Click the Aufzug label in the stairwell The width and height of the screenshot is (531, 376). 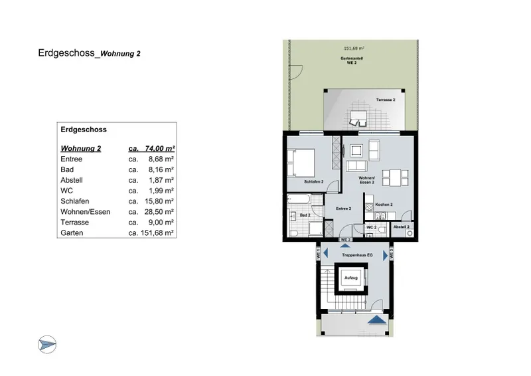point(351,277)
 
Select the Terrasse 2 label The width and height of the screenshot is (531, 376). point(386,100)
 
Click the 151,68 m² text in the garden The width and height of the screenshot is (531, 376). point(354,48)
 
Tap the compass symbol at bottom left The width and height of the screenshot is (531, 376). point(47,344)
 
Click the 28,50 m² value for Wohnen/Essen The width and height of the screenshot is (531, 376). point(160,211)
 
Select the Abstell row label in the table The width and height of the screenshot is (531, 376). point(72,179)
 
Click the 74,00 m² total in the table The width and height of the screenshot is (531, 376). point(159,149)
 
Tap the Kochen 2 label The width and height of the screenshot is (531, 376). point(384,205)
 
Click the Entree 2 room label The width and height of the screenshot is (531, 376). point(342,209)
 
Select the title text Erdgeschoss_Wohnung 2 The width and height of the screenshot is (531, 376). point(89,54)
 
